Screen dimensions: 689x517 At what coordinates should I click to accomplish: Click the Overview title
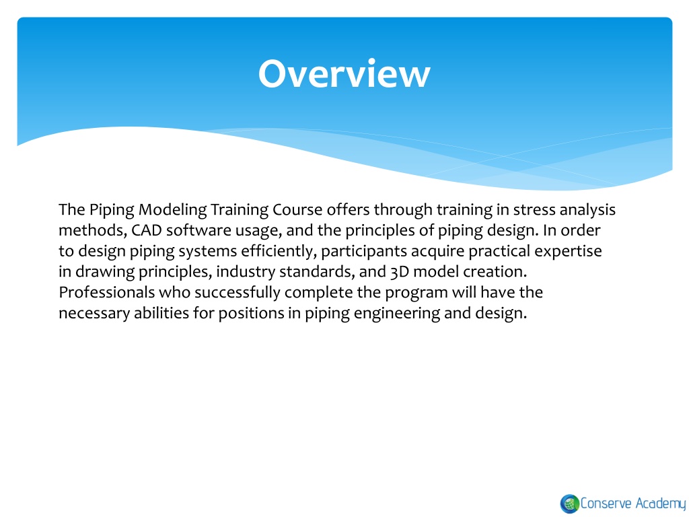click(x=344, y=73)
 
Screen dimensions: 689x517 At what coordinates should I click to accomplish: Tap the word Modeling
click(x=172, y=210)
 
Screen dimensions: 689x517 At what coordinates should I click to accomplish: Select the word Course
click(x=297, y=210)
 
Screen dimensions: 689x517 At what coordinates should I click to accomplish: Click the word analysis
click(x=587, y=210)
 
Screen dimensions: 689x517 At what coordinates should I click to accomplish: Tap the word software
click(x=198, y=230)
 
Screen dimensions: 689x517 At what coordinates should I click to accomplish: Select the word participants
click(x=364, y=252)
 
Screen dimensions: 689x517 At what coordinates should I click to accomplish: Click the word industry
click(x=245, y=272)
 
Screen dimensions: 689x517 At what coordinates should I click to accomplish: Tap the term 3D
click(x=400, y=272)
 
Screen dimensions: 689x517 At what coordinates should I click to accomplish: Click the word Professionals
click(x=107, y=292)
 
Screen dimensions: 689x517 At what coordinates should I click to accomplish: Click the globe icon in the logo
click(x=569, y=504)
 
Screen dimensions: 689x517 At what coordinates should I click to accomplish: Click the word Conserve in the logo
click(x=606, y=504)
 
